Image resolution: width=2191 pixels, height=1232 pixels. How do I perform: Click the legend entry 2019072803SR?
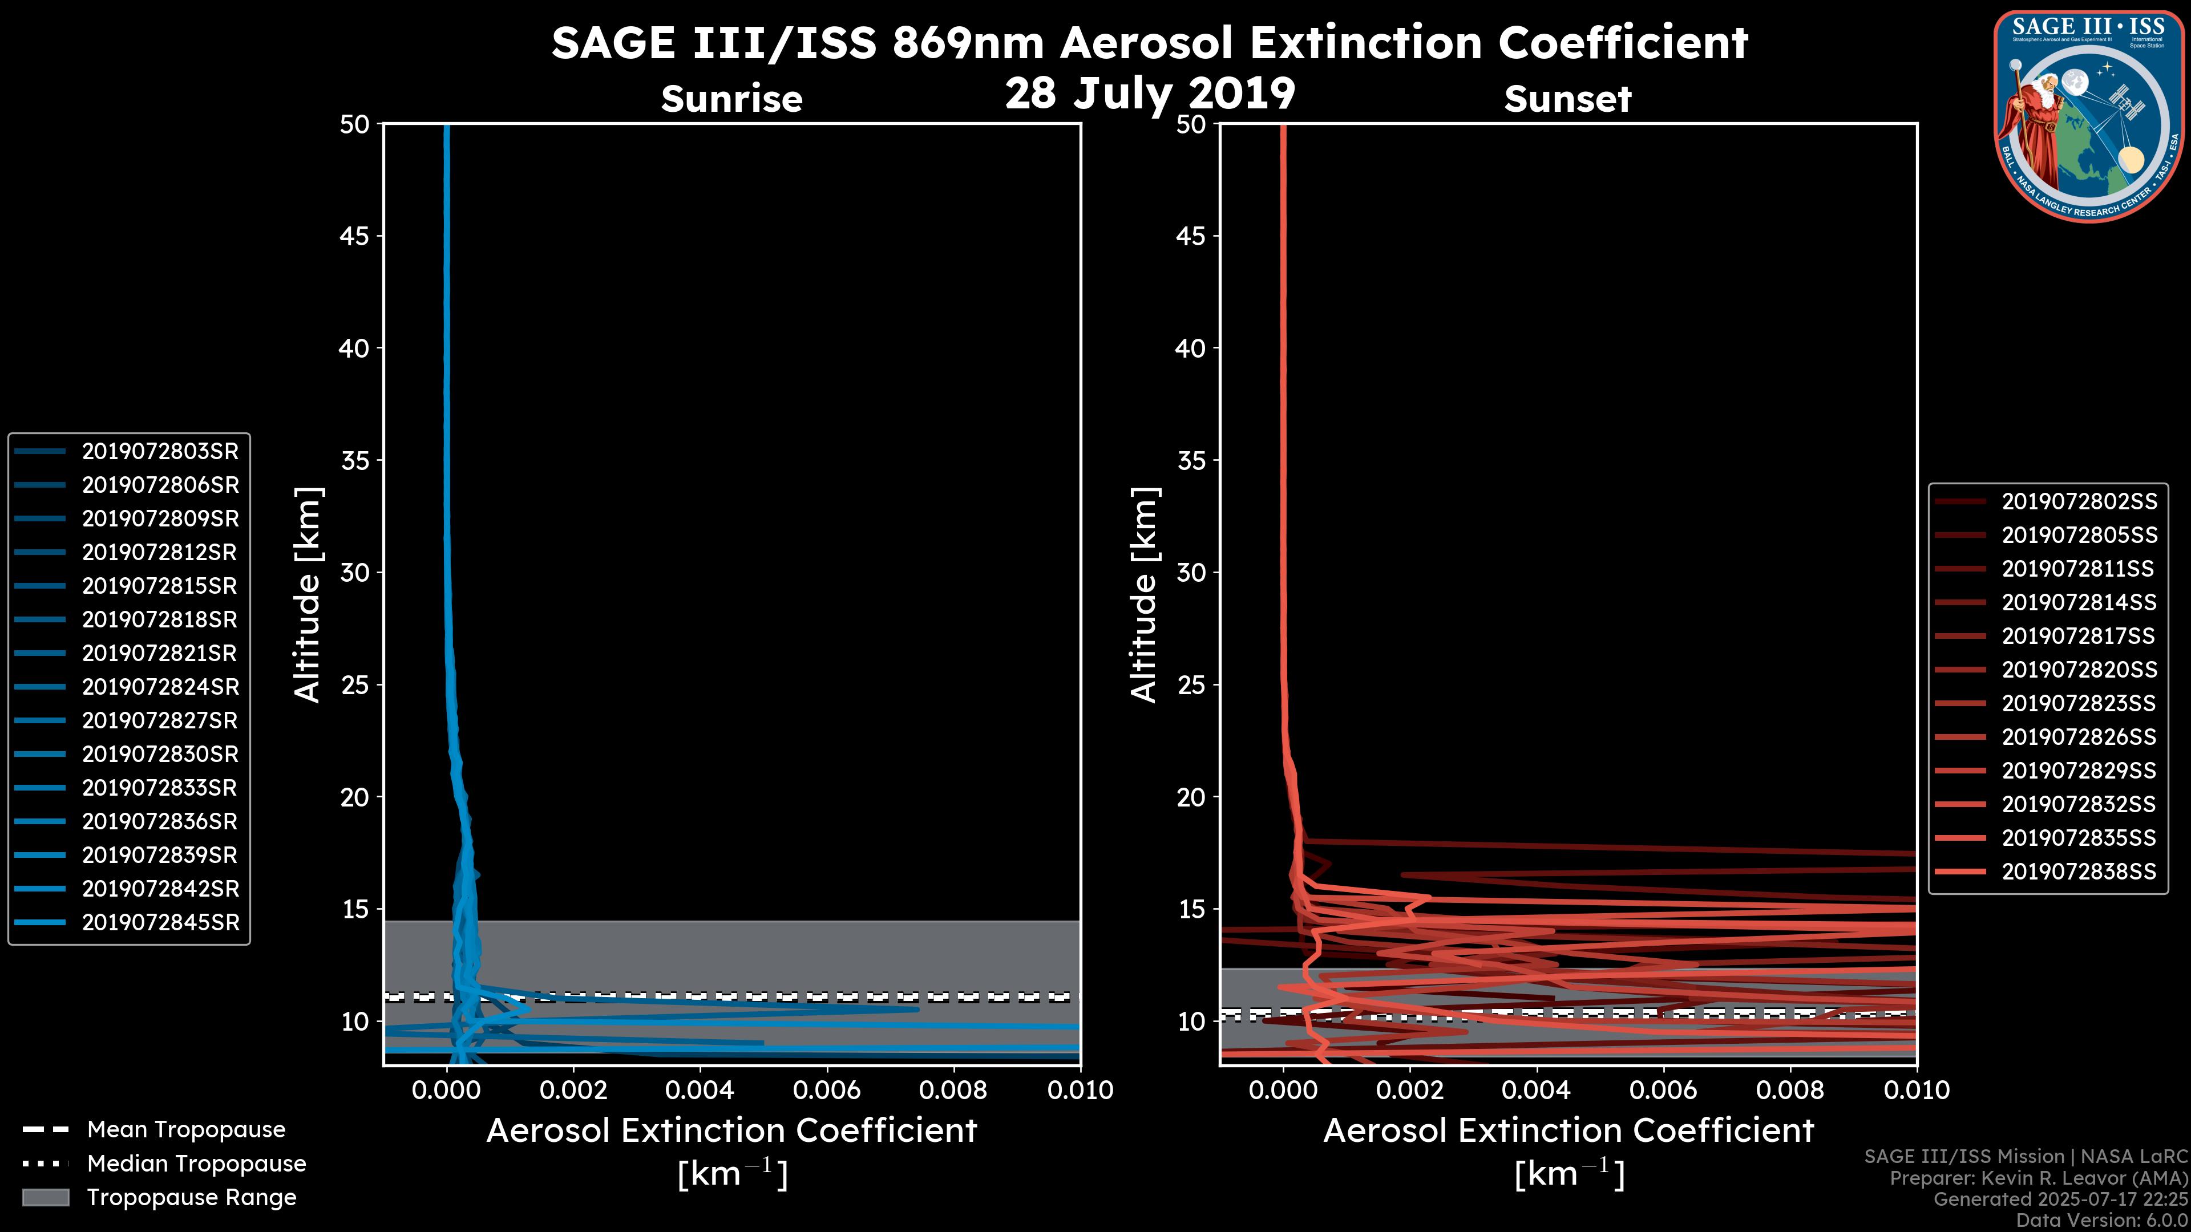click(x=160, y=452)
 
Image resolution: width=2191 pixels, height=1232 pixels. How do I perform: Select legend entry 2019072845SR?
click(x=160, y=922)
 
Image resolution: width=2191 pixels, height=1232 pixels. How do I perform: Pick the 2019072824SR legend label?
click(x=160, y=687)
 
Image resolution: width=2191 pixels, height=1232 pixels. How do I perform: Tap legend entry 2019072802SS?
click(x=2079, y=502)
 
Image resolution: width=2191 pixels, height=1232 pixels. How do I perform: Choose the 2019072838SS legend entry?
click(x=2079, y=872)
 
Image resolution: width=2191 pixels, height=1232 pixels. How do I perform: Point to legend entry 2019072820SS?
click(x=2079, y=670)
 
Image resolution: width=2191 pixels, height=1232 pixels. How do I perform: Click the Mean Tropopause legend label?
click(x=186, y=1130)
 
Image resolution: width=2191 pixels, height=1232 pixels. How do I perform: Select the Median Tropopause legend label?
click(x=196, y=1164)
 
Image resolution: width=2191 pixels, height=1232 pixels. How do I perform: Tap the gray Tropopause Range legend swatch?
click(x=46, y=1198)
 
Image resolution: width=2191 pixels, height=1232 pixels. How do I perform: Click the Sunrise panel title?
click(x=731, y=99)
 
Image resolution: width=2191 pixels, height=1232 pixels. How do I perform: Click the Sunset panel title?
click(x=1567, y=99)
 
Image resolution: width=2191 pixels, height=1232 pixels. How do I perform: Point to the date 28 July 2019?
click(x=1150, y=94)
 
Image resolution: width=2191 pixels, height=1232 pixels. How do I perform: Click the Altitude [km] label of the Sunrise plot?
click(x=308, y=594)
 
